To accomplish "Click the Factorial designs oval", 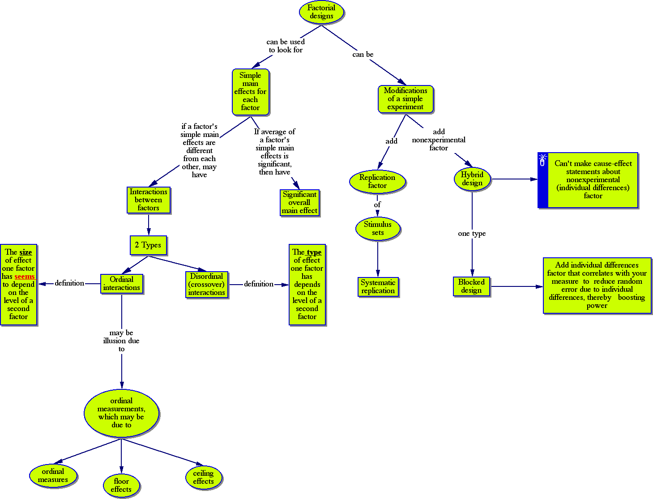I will (321, 12).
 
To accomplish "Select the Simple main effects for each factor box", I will (250, 92).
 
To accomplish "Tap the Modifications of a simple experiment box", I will (405, 99).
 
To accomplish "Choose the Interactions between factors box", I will (149, 200).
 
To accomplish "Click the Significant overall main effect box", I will (299, 203).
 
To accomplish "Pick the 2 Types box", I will (148, 245).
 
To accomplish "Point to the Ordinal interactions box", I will (122, 284).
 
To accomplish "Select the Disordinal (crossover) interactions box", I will (207, 285).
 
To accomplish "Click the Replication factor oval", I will (377, 181).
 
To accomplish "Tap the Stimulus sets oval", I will (378, 228).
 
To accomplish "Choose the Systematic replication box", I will (378, 287).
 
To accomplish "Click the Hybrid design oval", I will (472, 179).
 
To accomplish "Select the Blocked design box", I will (471, 286).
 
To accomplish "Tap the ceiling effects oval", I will (204, 478).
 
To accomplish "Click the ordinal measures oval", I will (53, 476).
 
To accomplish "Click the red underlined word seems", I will (25, 277).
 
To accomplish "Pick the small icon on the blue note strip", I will (542, 161).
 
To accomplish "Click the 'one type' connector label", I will (472, 234).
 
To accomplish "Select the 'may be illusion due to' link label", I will (121, 341).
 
